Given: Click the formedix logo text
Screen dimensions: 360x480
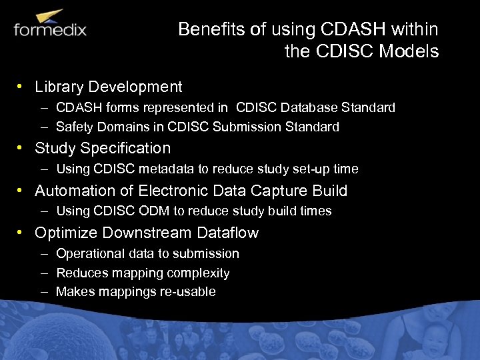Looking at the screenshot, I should tap(50, 30).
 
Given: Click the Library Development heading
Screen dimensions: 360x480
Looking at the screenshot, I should tap(108, 87).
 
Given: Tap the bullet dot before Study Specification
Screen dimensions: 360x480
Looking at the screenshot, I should tap(22, 148).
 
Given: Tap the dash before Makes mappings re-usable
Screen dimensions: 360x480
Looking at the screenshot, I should tap(43, 292).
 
